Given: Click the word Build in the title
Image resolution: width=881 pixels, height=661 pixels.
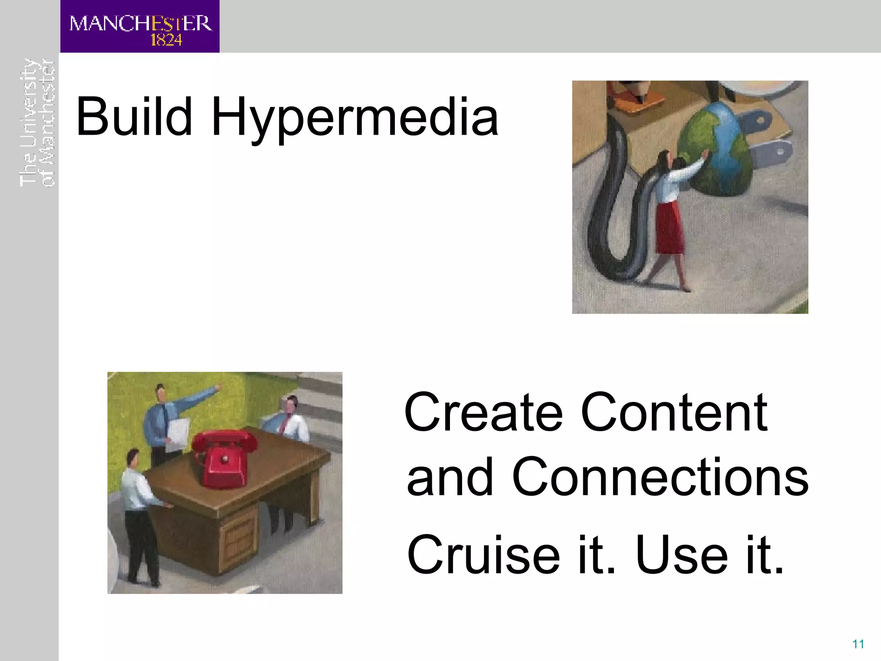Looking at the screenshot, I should click(133, 117).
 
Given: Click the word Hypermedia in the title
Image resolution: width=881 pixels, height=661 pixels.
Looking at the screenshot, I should click(354, 118).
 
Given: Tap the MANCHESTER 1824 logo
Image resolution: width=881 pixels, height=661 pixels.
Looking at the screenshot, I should click(140, 27).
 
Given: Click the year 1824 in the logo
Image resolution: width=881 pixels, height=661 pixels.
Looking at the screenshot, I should click(166, 40).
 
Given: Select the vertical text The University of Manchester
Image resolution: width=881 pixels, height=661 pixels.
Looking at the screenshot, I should click(37, 123).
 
